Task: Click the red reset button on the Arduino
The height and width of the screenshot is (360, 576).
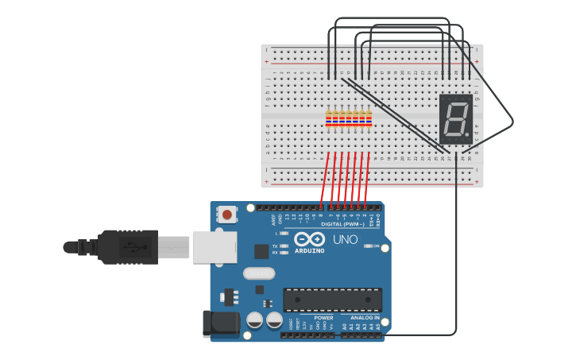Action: [x=228, y=214]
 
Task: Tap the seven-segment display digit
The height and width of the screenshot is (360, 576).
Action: [x=455, y=119]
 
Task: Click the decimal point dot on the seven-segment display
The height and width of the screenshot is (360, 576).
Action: [x=466, y=135]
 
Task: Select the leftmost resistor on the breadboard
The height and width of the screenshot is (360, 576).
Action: [x=329, y=119]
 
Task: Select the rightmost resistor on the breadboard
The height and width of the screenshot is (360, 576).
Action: [x=369, y=119]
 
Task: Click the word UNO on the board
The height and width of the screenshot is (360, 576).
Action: [x=345, y=239]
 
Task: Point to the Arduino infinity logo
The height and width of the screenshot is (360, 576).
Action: [x=309, y=238]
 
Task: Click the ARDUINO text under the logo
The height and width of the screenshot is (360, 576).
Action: [x=309, y=250]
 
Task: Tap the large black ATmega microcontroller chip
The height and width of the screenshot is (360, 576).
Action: [x=332, y=300]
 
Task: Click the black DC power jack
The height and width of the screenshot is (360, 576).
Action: [x=220, y=323]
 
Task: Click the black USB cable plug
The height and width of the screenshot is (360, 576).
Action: [x=128, y=246]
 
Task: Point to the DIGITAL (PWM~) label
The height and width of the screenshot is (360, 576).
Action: [x=343, y=224]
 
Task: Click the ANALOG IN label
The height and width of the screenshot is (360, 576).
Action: [x=365, y=317]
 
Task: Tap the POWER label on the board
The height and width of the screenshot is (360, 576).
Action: [x=323, y=317]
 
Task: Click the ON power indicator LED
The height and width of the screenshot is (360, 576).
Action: [x=368, y=246]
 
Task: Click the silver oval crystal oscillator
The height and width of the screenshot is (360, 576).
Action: [x=258, y=273]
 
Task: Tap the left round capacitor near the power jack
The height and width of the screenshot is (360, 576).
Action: [x=255, y=320]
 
